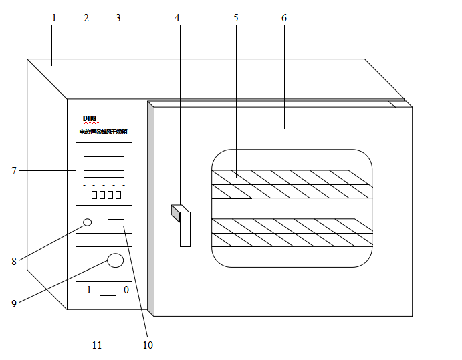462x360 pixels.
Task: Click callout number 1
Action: click(54, 18)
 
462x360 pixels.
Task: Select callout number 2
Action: click(86, 18)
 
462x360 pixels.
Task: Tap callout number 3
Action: click(118, 18)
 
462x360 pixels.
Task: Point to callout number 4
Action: click(177, 18)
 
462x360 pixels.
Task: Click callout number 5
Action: click(236, 18)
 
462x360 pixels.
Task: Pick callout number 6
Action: click(284, 18)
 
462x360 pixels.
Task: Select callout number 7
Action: click(14, 171)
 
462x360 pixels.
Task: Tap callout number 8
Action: click(14, 262)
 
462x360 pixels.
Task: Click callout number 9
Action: click(14, 303)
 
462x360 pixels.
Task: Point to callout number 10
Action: click(148, 345)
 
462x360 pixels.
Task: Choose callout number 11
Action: click(98, 345)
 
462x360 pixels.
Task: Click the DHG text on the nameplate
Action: click(91, 118)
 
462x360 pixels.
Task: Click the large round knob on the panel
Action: click(116, 260)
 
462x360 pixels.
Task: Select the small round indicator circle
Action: click(87, 222)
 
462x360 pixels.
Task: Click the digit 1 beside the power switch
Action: click(88, 291)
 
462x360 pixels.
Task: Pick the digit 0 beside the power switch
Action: click(126, 290)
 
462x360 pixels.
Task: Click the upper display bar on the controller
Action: click(104, 160)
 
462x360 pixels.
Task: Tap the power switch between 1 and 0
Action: click(108, 292)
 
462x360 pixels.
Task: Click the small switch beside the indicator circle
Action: click(116, 223)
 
